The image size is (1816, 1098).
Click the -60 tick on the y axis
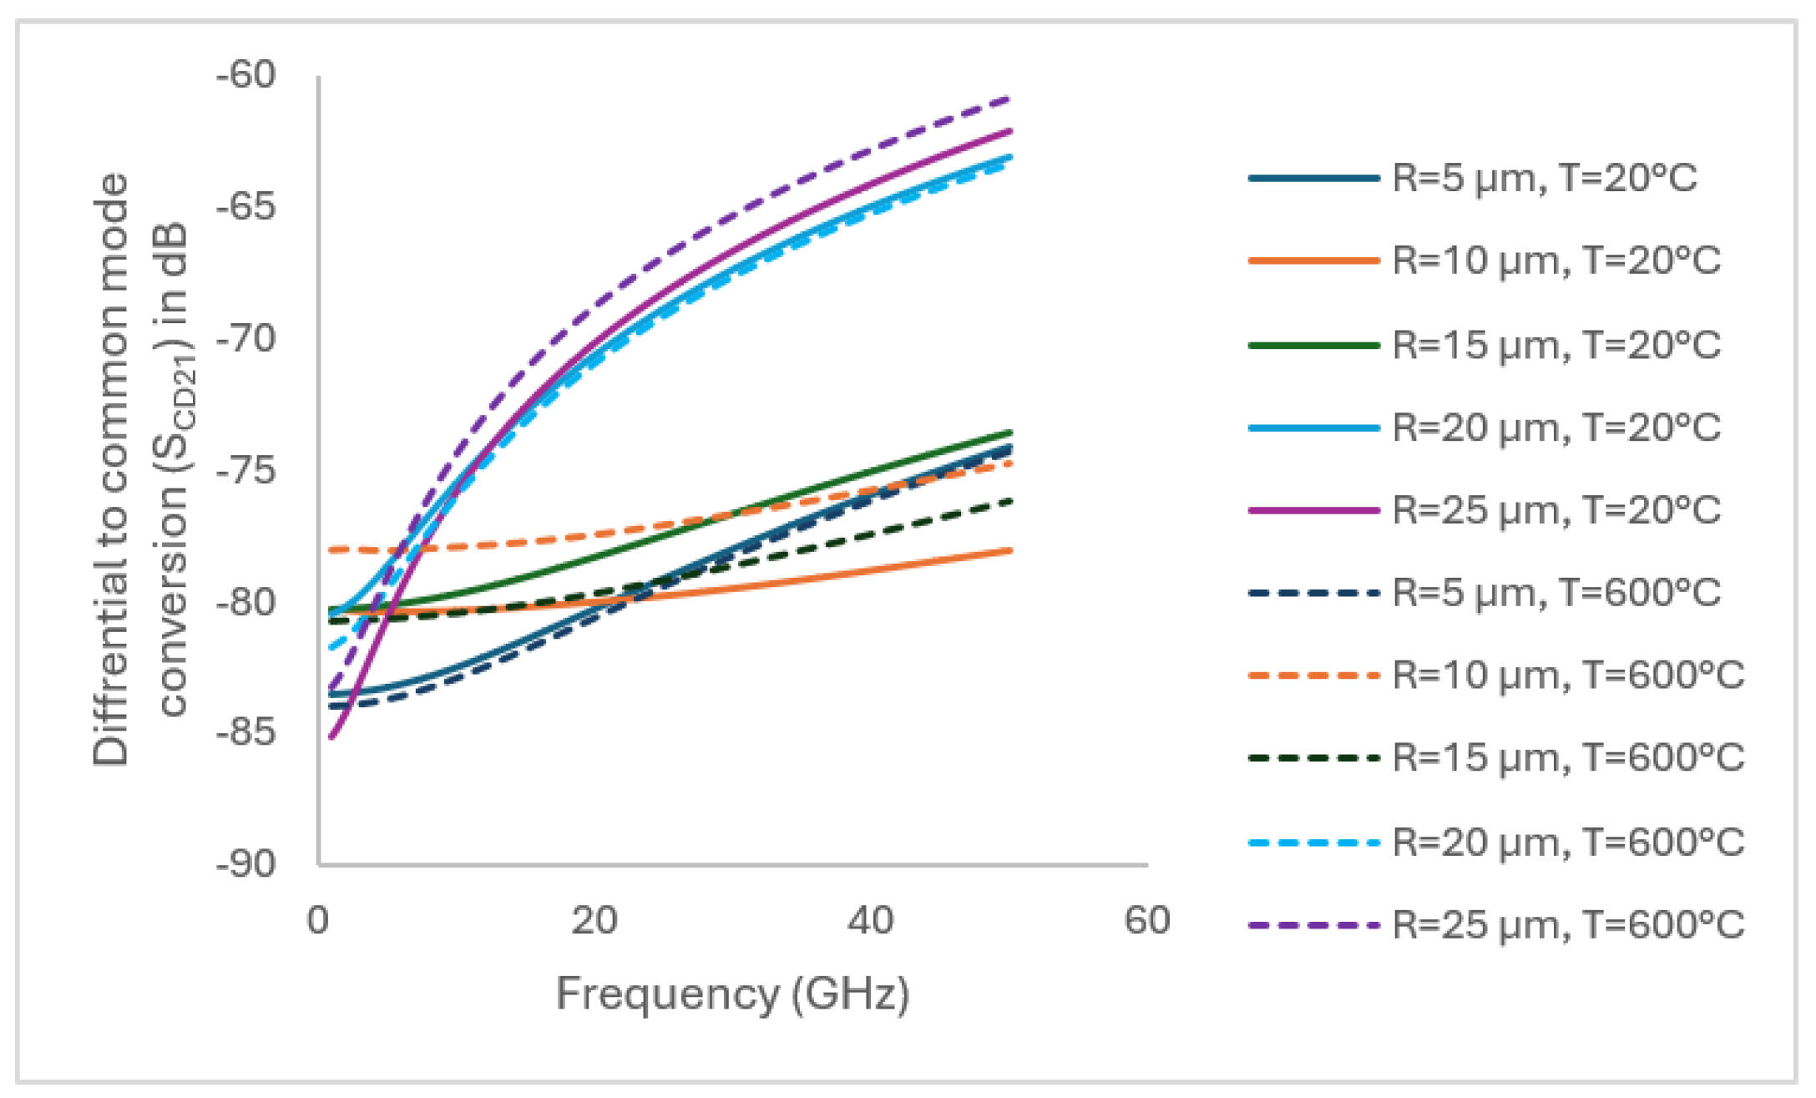point(246,74)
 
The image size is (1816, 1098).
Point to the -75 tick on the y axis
point(246,470)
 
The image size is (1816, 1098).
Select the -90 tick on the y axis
point(246,863)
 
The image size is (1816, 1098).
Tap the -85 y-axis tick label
point(246,732)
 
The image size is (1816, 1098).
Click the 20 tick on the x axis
point(594,920)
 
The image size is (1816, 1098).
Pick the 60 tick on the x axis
point(1147,920)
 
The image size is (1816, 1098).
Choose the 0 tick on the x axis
point(318,920)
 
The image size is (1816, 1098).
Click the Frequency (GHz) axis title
point(732,994)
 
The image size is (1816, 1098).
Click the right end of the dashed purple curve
point(1011,99)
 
